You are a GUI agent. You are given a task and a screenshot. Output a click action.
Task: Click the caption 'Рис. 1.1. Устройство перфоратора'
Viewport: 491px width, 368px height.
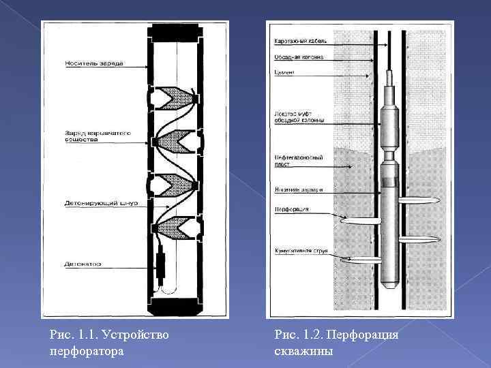[110, 343]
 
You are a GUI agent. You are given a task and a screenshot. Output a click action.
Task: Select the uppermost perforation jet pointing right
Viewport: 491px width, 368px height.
[416, 201]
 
